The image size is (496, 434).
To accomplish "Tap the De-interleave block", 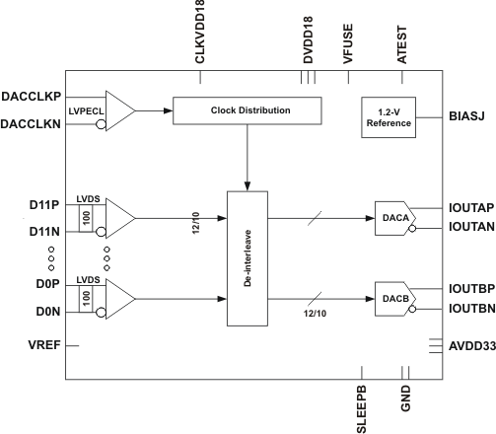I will (248, 256).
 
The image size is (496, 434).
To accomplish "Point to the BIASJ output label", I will (469, 116).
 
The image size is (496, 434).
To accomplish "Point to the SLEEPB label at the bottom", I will (360, 404).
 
